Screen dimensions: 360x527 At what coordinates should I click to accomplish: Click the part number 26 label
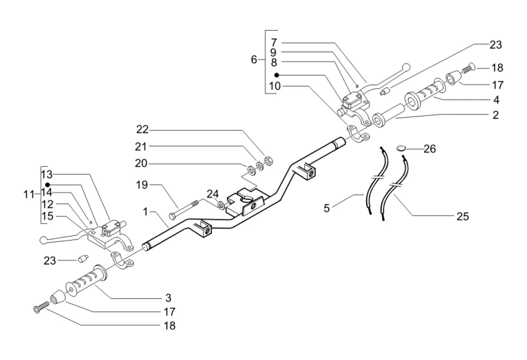tap(429, 149)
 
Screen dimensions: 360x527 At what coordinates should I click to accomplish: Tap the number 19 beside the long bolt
tap(143, 185)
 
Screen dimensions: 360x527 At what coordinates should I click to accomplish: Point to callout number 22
tap(143, 129)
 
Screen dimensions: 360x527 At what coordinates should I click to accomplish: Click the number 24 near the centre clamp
tap(213, 194)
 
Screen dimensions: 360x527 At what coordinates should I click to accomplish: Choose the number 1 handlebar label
tap(146, 212)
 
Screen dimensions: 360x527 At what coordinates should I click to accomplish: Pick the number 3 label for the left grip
tap(168, 298)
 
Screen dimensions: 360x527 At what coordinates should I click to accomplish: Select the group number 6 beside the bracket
tap(254, 60)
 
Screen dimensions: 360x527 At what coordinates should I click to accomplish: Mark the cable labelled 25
tap(394, 187)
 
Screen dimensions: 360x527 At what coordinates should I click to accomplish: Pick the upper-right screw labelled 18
tap(469, 69)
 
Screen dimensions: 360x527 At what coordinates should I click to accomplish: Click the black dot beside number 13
tap(47, 185)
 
